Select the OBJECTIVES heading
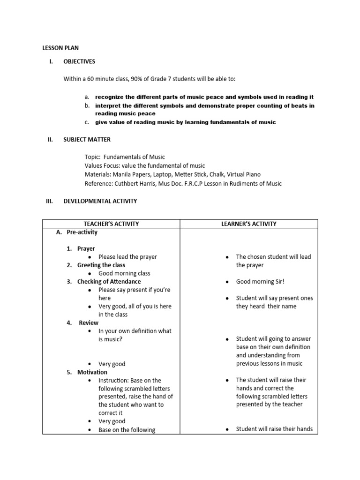[79, 61]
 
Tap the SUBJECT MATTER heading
[87, 140]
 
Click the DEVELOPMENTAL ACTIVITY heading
[100, 201]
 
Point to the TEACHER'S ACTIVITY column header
[111, 224]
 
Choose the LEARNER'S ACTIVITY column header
[249, 224]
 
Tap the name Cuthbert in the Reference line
[124, 184]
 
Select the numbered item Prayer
[86, 248]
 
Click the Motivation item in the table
[92, 372]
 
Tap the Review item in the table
[89, 322]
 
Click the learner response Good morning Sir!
[260, 282]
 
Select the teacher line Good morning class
[124, 273]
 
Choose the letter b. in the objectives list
[87, 105]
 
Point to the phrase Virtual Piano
[244, 174]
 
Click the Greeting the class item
[101, 265]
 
